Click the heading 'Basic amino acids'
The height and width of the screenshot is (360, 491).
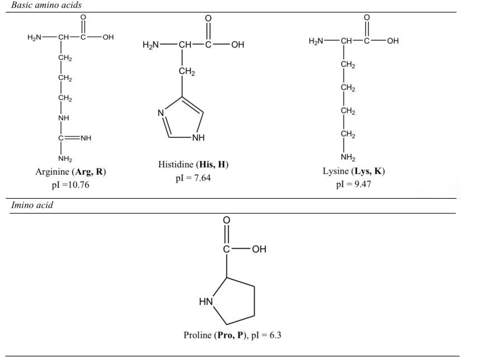pos(42,5)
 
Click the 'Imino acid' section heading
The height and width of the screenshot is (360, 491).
pos(33,205)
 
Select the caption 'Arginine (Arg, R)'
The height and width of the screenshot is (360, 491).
pos(70,172)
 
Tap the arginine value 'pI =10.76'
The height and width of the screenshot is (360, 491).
pos(70,185)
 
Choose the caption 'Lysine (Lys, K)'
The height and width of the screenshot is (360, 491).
pos(354,171)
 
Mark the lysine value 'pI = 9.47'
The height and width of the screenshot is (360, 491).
pos(354,184)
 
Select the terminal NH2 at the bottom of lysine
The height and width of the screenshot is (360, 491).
pos(348,157)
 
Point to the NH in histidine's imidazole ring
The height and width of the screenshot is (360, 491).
pos(198,138)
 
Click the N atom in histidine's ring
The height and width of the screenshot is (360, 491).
pos(160,112)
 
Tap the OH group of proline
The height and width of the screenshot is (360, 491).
pos(259,249)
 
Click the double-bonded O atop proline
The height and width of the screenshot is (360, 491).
pos(226,220)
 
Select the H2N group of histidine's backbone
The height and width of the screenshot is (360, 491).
pos(152,45)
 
